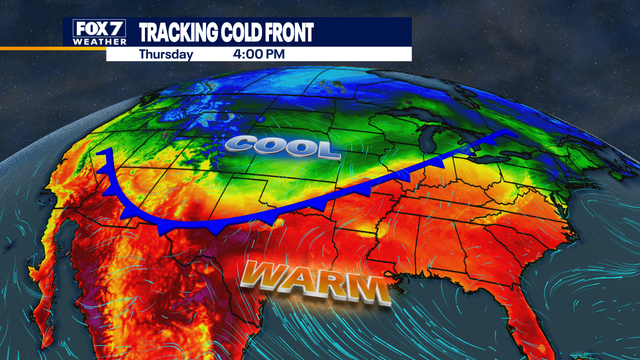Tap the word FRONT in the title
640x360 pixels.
pyautogui.click(x=291, y=33)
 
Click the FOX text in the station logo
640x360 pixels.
pyautogui.click(x=88, y=27)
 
